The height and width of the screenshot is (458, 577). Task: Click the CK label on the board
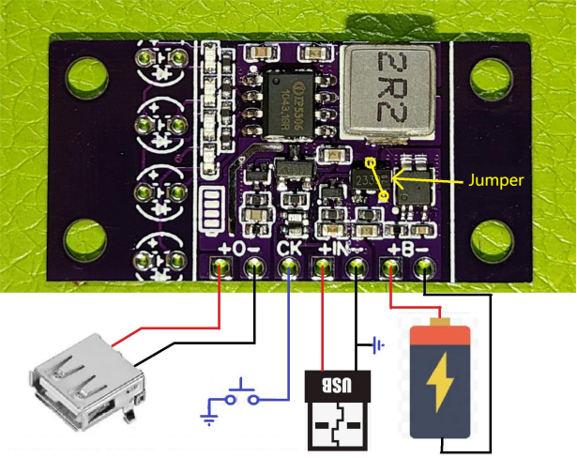coord(290,250)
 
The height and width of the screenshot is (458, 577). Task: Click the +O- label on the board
coord(237,250)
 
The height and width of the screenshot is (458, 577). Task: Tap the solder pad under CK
coord(289,269)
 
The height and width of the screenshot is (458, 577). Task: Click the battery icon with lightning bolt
coord(440,378)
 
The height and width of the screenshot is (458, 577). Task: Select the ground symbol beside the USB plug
coord(378,345)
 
